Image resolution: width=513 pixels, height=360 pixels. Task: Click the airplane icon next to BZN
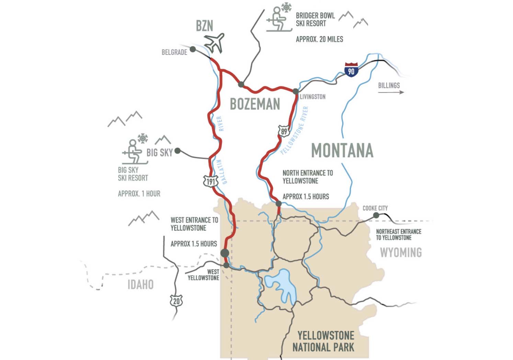[214, 43]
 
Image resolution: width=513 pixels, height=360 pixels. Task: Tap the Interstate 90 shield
[351, 69]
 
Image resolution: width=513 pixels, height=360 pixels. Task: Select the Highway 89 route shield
[283, 131]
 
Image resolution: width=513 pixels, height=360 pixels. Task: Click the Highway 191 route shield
[210, 181]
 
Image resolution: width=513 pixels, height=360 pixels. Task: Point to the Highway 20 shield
[176, 301]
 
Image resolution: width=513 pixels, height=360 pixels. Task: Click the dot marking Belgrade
[193, 49]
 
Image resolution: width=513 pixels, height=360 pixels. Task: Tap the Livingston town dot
[296, 91]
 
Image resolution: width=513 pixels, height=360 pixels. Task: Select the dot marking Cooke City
[376, 215]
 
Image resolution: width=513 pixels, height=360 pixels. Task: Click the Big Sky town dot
[178, 150]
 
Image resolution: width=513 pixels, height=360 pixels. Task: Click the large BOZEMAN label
[255, 104]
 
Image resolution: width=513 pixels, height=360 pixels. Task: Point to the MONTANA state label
[342, 150]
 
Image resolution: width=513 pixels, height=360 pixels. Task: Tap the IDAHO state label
[140, 284]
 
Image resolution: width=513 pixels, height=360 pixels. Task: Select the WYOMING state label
[401, 252]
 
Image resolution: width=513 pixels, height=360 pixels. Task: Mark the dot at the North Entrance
[278, 204]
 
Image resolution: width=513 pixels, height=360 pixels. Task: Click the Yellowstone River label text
[295, 131]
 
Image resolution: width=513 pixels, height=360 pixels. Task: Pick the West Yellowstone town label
[204, 275]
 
